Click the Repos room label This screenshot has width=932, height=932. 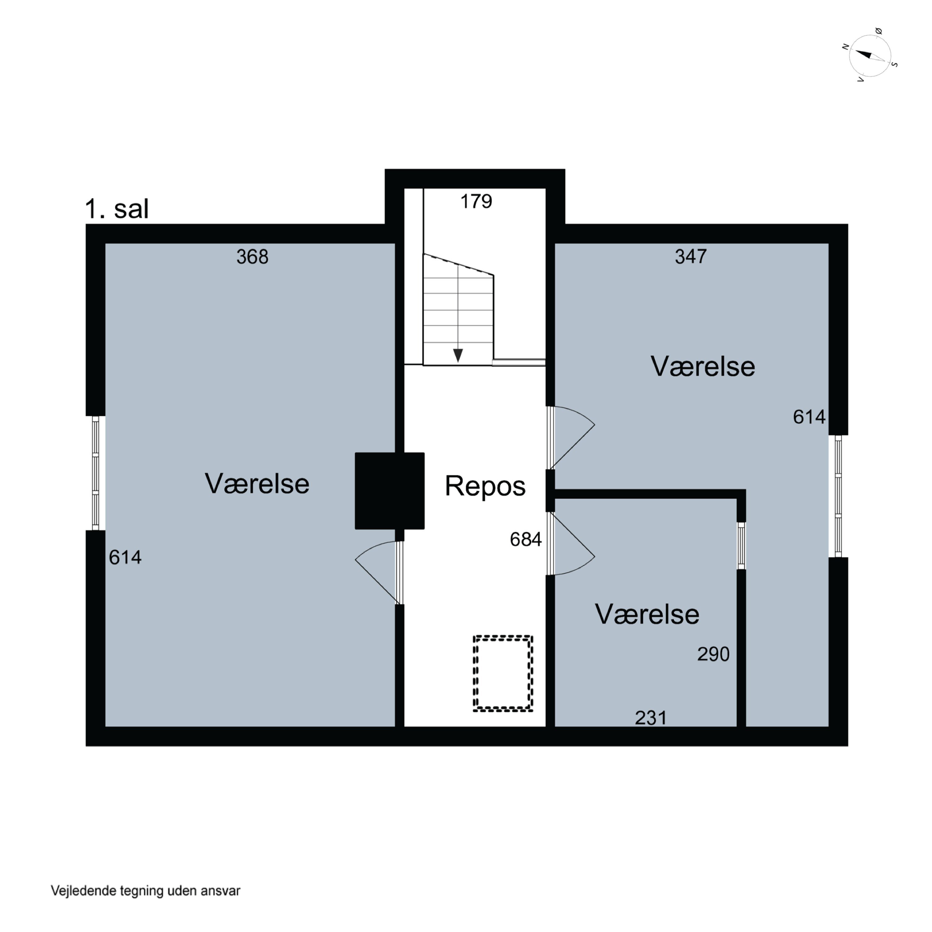click(485, 486)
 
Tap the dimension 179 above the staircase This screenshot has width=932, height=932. click(476, 201)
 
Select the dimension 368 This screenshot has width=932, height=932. click(252, 257)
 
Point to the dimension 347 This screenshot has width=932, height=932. click(691, 256)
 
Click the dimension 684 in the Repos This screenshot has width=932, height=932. click(526, 539)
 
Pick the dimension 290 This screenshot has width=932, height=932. click(713, 654)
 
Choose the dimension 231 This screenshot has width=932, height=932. click(651, 718)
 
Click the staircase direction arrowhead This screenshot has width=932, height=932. click(458, 355)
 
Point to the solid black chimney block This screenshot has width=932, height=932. click(390, 491)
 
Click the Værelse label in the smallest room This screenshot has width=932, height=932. click(647, 614)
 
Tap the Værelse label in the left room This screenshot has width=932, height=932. click(257, 483)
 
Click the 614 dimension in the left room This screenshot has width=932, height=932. click(125, 557)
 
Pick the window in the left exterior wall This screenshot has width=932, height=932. click(95, 473)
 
